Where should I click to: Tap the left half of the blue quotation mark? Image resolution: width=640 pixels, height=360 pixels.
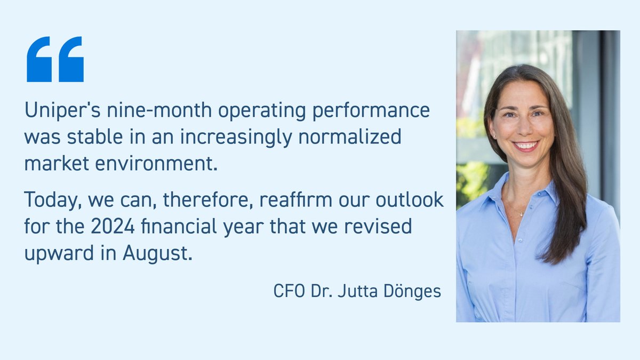point(38,59)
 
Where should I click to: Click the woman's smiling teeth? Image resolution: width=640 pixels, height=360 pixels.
point(525,145)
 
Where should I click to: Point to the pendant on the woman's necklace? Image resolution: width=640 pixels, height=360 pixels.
point(522,214)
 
